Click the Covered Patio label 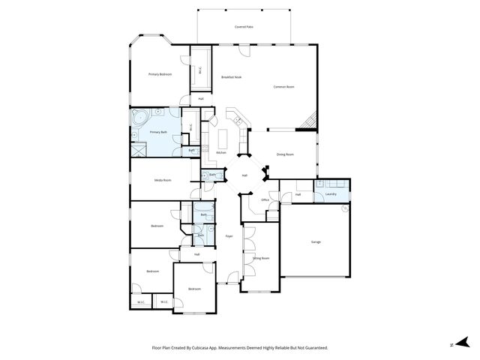pyautogui.click(x=244, y=26)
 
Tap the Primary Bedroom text pyautogui.click(x=160, y=74)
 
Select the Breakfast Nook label pyautogui.click(x=231, y=77)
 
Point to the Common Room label pyautogui.click(x=283, y=87)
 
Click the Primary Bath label pyautogui.click(x=159, y=133)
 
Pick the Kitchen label pyautogui.click(x=221, y=153)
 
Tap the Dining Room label pyautogui.click(x=285, y=154)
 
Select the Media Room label pyautogui.click(x=163, y=181)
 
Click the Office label pyautogui.click(x=265, y=200)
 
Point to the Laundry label pyautogui.click(x=331, y=195)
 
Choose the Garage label pyautogui.click(x=316, y=241)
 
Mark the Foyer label pyautogui.click(x=229, y=236)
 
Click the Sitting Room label pyautogui.click(x=261, y=258)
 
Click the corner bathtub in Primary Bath pyautogui.click(x=139, y=117)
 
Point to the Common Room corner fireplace pyautogui.click(x=310, y=120)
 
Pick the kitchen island pyautogui.click(x=223, y=136)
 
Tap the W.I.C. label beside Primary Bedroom pyautogui.click(x=200, y=71)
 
